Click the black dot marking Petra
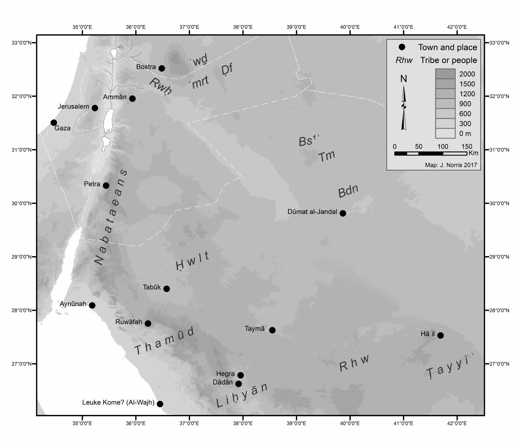pyautogui.click(x=106, y=185)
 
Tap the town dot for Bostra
pyautogui.click(x=162, y=68)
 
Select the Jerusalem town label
pyautogui.click(x=73, y=107)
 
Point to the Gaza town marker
pyautogui.click(x=54, y=123)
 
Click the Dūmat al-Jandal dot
pyautogui.click(x=343, y=213)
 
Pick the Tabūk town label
pyautogui.click(x=152, y=287)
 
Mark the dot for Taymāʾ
pyautogui.click(x=272, y=330)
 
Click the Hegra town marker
pyautogui.click(x=240, y=375)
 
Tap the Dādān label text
pyautogui.click(x=223, y=382)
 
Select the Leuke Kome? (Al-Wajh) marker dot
pyautogui.click(x=160, y=404)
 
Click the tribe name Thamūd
pyautogui.click(x=164, y=341)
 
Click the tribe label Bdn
pyautogui.click(x=348, y=191)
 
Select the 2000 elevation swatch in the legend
pyautogui.click(x=445, y=74)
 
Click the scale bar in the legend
pyautogui.click(x=430, y=153)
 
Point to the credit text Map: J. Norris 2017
pyautogui.click(x=451, y=165)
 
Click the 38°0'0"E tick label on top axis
pyautogui.click(x=243, y=27)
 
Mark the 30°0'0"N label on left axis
pyautogui.click(x=22, y=203)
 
